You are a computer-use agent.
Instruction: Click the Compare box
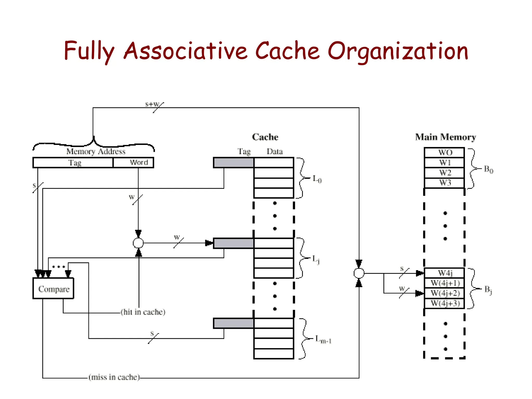53,289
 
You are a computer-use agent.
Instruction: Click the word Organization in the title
398,51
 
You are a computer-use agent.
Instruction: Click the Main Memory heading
445,137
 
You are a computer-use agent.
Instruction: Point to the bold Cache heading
265,137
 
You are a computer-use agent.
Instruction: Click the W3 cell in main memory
444,183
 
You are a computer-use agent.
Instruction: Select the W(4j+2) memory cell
444,293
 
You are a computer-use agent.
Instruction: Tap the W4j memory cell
444,273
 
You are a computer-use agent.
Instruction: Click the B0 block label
488,169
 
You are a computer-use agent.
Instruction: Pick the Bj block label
488,290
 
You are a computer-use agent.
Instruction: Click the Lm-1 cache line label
323,339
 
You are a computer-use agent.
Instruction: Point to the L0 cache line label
317,179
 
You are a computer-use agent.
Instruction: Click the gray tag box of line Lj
234,243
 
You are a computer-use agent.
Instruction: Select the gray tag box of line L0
234,163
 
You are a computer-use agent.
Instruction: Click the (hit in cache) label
143,312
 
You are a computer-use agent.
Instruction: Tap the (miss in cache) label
114,377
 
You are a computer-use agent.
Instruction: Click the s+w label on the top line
152,104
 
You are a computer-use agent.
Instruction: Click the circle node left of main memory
359,273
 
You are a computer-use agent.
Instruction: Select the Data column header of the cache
274,151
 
